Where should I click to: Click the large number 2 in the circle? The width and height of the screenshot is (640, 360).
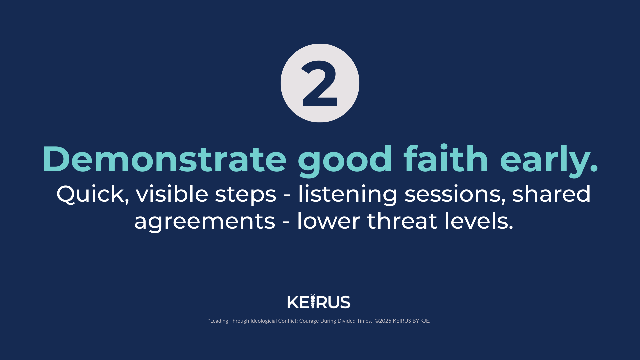tap(320, 83)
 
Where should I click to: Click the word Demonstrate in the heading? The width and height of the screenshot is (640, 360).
tap(164, 159)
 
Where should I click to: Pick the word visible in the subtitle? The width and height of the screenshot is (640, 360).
tap(172, 194)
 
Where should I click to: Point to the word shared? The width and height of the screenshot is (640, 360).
tap(551, 194)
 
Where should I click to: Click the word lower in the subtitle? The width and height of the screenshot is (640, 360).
tap(328, 221)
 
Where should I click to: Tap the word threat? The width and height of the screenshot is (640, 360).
tap(402, 221)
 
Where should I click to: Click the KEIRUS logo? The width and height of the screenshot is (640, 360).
tap(319, 302)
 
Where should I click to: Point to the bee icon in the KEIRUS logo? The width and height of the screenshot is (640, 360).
tap(313, 301)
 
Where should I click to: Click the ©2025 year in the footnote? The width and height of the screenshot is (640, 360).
tap(383, 321)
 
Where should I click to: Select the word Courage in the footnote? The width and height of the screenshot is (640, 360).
tap(309, 321)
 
